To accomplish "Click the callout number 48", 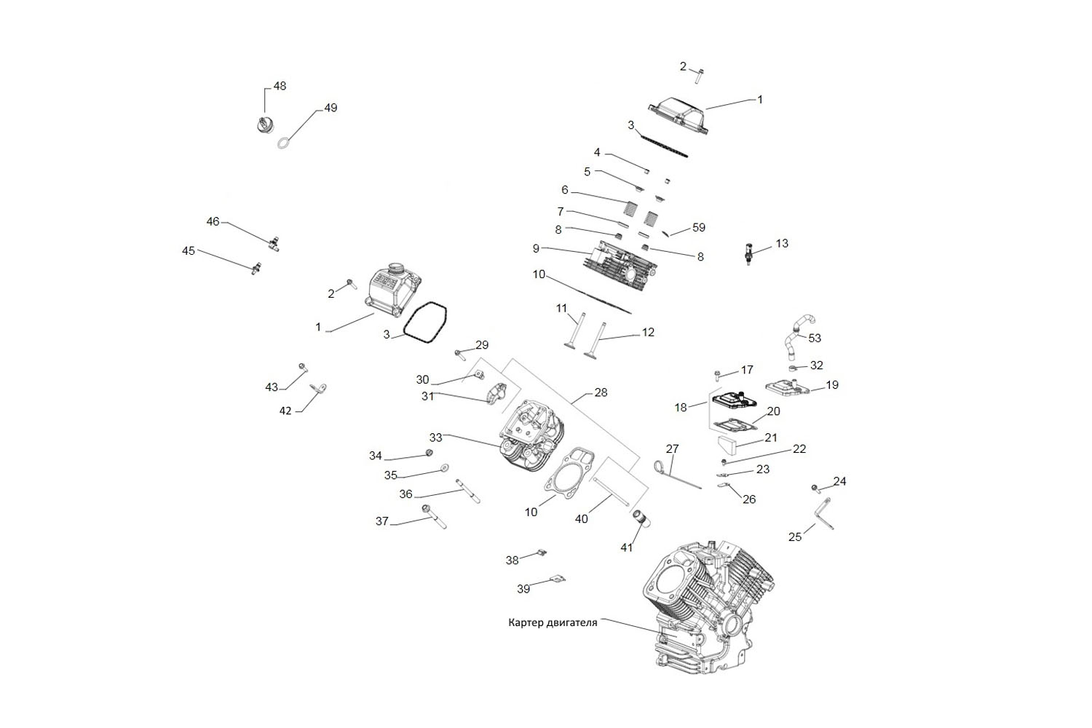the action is click(280, 87).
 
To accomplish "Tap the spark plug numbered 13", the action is click(748, 253).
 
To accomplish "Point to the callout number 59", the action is click(699, 227).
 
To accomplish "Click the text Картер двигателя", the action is click(553, 622).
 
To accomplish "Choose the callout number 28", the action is click(601, 392).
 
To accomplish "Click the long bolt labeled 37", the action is click(434, 517).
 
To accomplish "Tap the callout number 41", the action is click(626, 547).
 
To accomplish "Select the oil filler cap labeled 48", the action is click(265, 124).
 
